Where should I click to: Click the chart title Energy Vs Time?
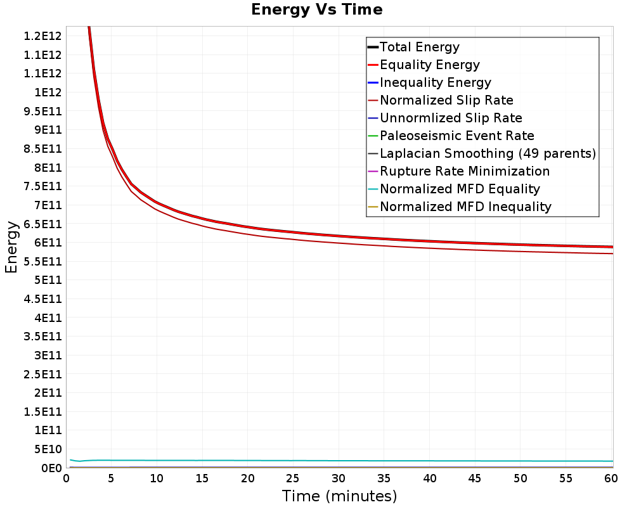316,10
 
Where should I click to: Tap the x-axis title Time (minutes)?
339,496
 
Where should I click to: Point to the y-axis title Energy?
11,247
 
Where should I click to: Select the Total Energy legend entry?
413,47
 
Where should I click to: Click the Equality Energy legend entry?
424,65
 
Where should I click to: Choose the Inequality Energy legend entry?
429,82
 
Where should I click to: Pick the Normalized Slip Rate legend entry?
441,100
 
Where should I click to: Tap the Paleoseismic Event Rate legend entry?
451,136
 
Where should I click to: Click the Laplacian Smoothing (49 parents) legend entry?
482,153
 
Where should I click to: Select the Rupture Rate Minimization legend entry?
458,171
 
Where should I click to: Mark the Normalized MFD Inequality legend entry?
459,207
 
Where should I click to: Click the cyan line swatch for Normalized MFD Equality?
373,189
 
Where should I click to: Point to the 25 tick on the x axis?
293,478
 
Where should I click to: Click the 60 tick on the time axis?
611,478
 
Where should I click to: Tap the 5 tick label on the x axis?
111,478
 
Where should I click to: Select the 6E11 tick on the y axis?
48,243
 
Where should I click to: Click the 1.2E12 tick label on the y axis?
43,36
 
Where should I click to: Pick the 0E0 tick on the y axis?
52,468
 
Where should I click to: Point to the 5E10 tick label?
48,449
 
